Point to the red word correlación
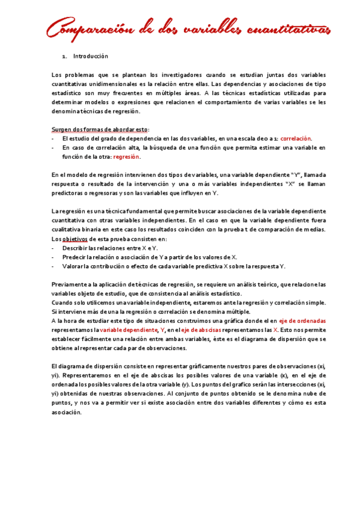pos(296,138)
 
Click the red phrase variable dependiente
pos(127,330)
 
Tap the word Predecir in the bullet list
pos(74,257)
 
